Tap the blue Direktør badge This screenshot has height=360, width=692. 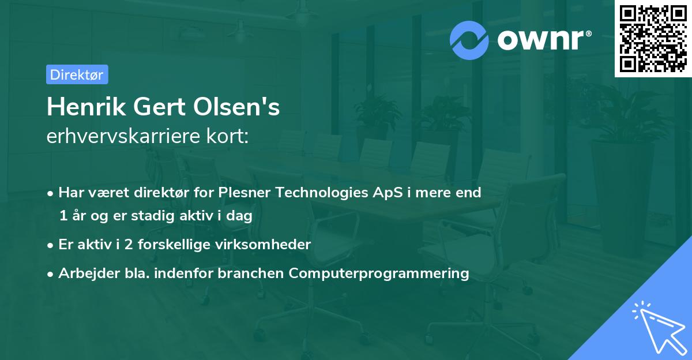[x=77, y=74]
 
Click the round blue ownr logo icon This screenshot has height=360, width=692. [x=469, y=40]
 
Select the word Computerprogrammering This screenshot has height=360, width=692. [x=379, y=273]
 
